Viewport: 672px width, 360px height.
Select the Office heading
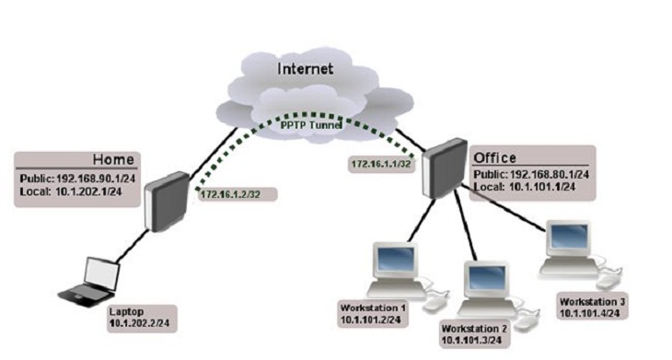494,157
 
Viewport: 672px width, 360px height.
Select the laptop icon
93,279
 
